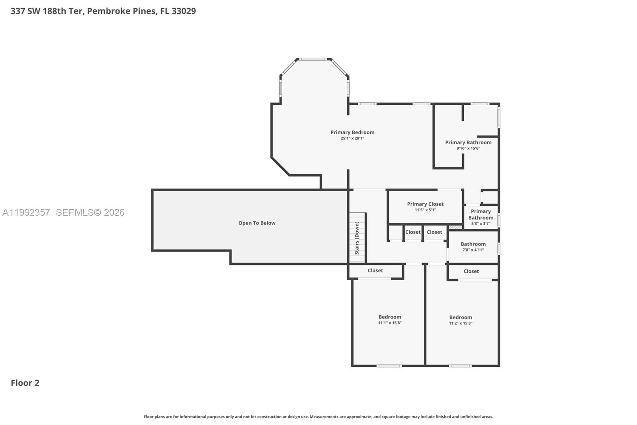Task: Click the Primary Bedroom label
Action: [352, 132]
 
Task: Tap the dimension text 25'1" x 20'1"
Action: [352, 138]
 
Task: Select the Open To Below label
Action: [257, 223]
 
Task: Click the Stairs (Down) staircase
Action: [357, 238]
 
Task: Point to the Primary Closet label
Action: [425, 204]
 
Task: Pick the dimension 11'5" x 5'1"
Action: [425, 210]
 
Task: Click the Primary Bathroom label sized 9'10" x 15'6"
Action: [468, 142]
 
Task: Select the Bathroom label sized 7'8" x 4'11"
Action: [473, 244]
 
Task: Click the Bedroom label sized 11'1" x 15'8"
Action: [390, 317]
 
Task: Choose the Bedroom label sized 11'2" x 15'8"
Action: [461, 317]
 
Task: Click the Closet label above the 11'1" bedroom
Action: [375, 270]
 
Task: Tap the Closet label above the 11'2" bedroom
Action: [471, 271]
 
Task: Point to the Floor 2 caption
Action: [25, 383]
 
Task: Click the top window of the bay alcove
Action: [313, 59]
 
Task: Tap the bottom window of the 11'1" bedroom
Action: [389, 366]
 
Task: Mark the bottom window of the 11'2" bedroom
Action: [460, 366]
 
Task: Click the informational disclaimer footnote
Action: [318, 417]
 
